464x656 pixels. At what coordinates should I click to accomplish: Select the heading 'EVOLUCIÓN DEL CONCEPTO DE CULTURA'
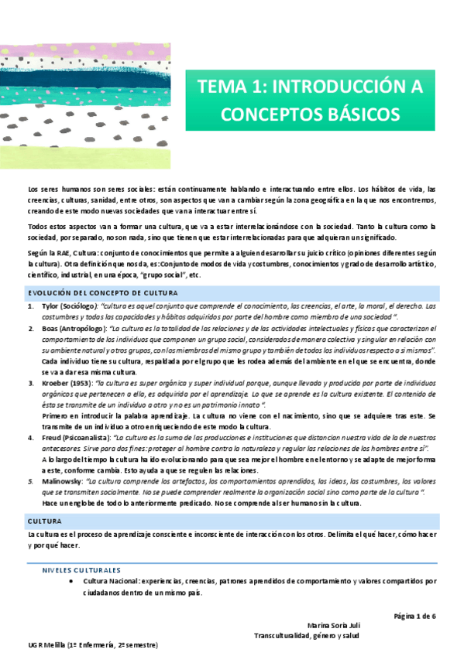point(103,292)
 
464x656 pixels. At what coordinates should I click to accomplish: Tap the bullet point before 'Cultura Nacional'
point(70,580)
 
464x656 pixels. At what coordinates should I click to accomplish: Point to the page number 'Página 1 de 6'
point(415,616)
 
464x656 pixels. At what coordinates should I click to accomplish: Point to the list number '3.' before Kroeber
point(32,383)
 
